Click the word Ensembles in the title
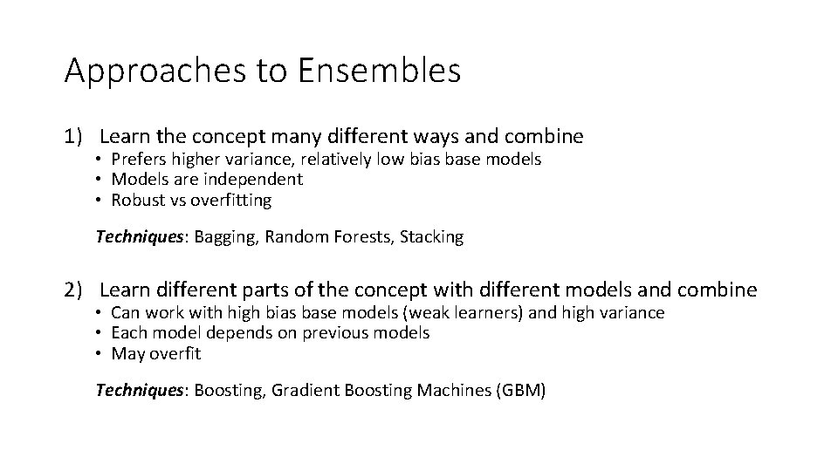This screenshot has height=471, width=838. [378, 71]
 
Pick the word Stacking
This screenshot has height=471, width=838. [431, 236]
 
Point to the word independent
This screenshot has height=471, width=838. [254, 180]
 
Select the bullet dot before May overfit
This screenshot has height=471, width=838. [101, 354]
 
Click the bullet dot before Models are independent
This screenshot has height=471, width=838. [101, 181]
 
